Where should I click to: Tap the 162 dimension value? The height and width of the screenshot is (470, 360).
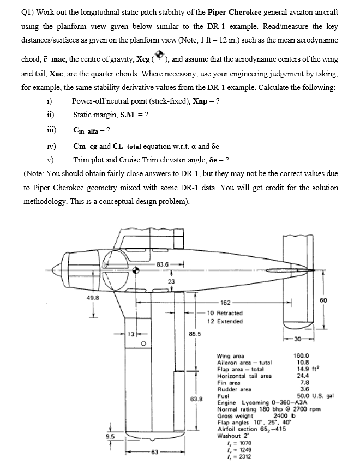pos(225,302)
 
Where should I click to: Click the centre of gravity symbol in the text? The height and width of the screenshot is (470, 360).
pos(159,57)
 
